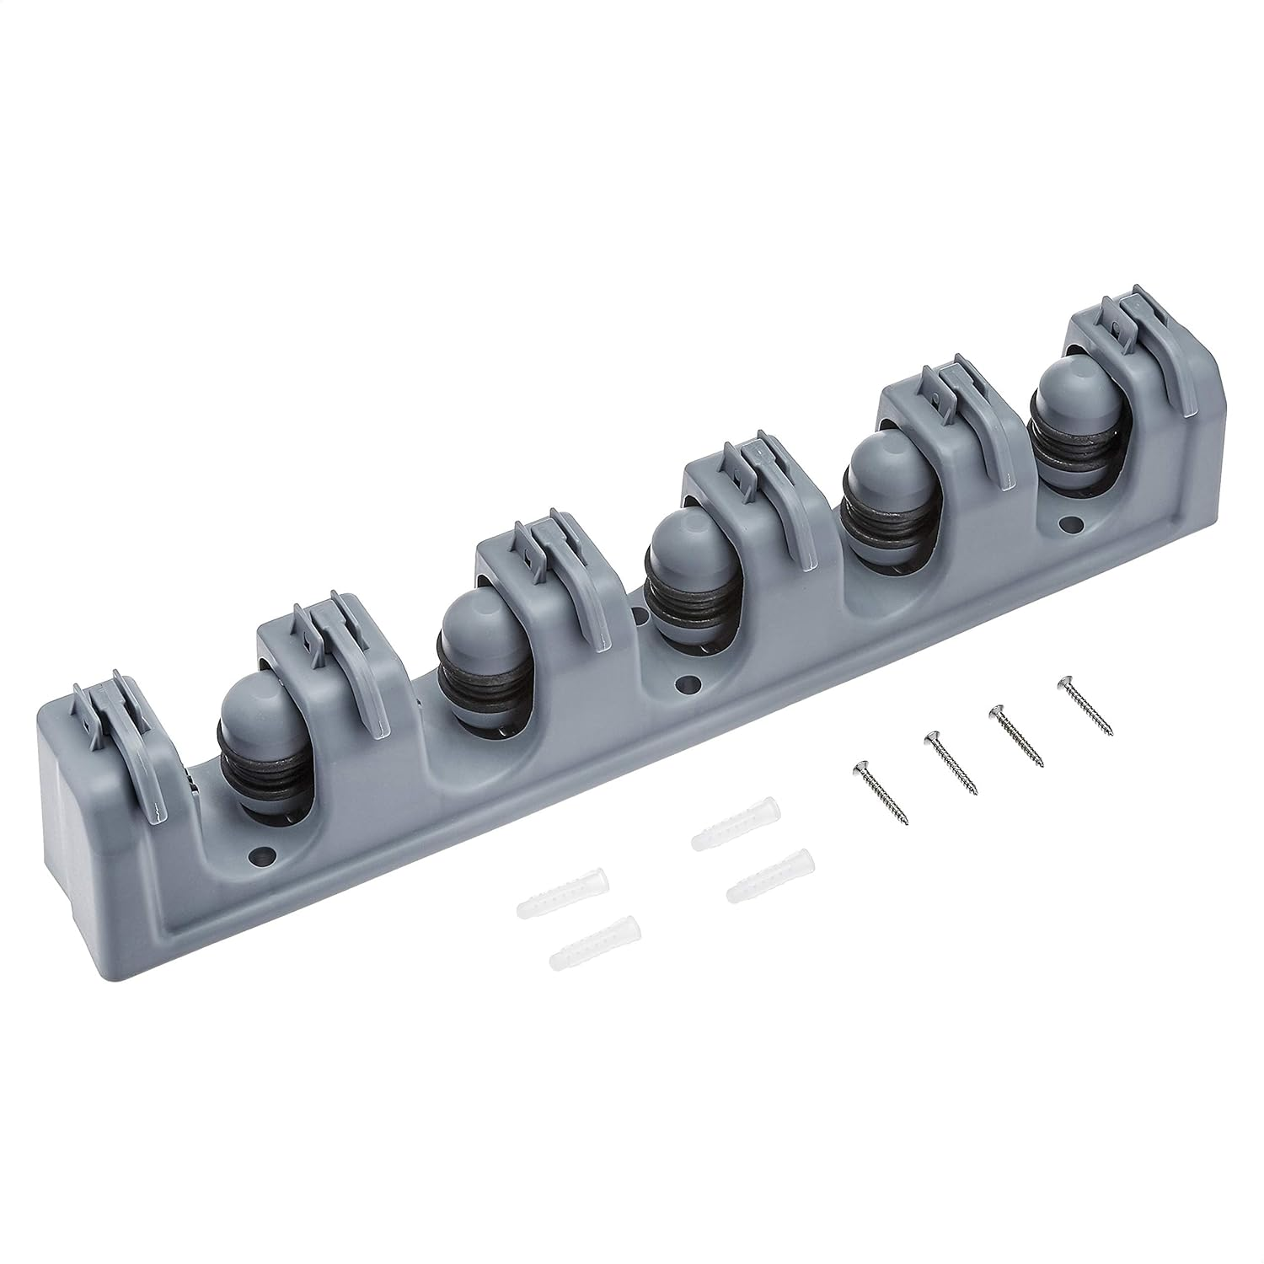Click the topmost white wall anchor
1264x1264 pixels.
(736, 824)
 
